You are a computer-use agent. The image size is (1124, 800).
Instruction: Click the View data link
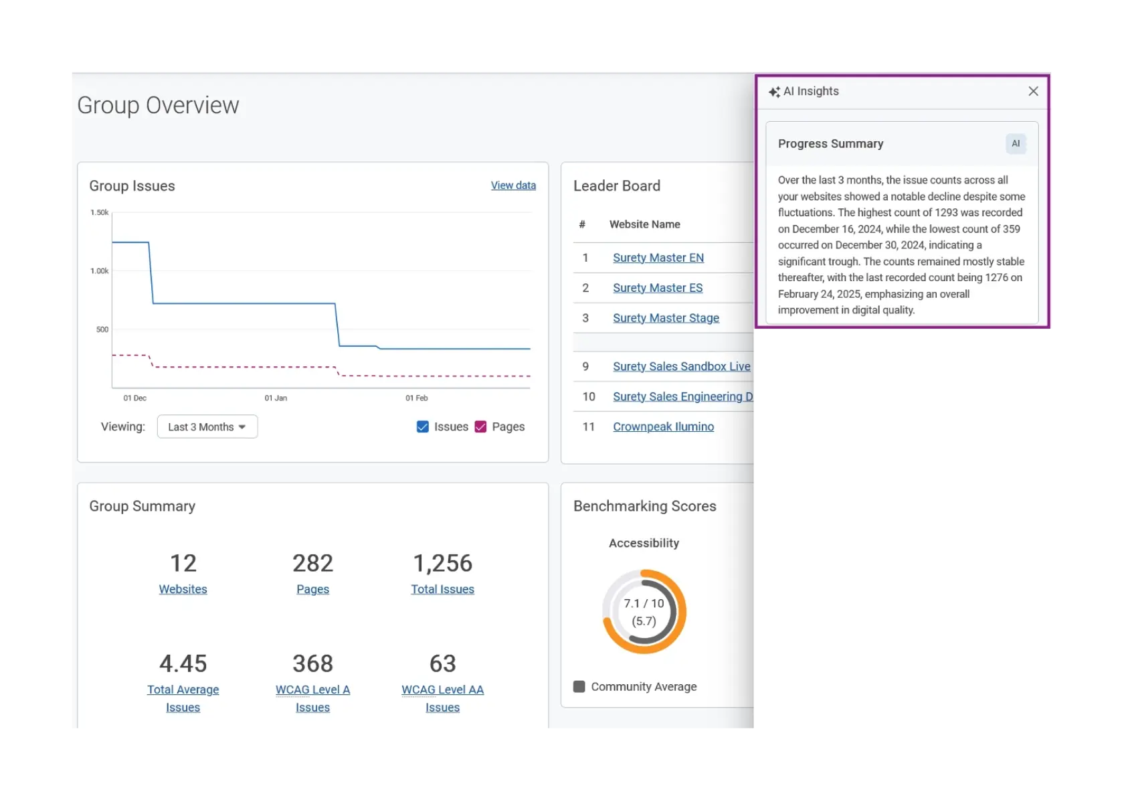(512, 185)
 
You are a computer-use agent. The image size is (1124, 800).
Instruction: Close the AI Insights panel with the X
(1033, 92)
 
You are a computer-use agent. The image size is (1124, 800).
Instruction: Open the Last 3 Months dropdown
(207, 426)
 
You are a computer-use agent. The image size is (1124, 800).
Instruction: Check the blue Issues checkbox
(423, 426)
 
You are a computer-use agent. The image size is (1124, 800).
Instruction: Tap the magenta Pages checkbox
(480, 426)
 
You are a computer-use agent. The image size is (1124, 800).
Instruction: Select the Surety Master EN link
(658, 258)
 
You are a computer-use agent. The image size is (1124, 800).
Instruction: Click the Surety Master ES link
(657, 288)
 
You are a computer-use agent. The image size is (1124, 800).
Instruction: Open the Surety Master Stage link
(666, 318)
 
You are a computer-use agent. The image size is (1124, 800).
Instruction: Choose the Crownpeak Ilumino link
(663, 426)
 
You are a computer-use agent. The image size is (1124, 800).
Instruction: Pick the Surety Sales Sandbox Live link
(681, 366)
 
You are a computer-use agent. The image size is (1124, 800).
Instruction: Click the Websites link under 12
(183, 589)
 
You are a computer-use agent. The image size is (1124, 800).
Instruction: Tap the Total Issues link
(442, 589)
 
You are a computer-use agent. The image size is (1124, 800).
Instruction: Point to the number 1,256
(442, 563)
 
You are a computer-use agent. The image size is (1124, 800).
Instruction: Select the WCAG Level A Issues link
(312, 698)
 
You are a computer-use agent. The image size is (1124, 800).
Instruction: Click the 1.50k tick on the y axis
(99, 212)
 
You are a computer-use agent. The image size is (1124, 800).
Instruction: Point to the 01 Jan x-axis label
(276, 398)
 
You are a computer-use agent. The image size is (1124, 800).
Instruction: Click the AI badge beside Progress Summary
(1015, 144)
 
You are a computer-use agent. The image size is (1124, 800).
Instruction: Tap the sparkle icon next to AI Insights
(774, 92)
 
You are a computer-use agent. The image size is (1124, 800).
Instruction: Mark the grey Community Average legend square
(579, 686)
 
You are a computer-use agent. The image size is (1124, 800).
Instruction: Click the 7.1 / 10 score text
(644, 603)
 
